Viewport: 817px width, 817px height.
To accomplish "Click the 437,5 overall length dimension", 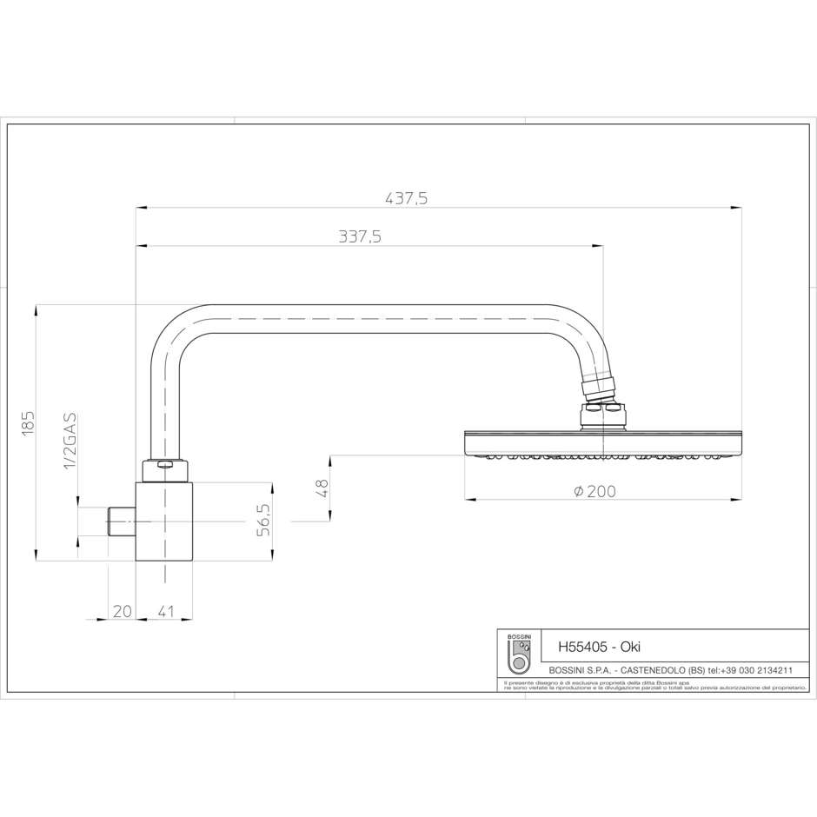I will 406,198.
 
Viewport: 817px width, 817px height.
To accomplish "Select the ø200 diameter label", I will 594,491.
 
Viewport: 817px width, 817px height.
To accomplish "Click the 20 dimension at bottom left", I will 121,612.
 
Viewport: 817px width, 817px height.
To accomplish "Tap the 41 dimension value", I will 166,612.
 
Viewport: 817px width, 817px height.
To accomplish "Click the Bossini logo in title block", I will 519,657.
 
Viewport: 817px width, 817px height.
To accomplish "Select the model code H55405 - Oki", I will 599,648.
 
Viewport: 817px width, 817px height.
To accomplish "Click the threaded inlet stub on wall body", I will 123,521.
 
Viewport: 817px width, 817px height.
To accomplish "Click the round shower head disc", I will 602,442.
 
